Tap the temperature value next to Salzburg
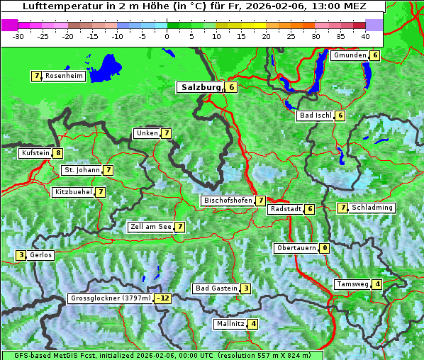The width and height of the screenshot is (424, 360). pos(232,87)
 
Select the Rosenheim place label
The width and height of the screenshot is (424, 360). pos(64,76)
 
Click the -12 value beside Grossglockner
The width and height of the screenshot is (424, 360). pos(164,298)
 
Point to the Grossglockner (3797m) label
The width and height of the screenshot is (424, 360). pos(111,298)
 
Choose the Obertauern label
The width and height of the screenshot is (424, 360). pos(296,248)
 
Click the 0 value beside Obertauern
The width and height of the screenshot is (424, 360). pos(324,248)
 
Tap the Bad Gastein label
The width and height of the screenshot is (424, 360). pos(216,288)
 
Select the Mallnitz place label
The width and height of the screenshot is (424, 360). pos(230,324)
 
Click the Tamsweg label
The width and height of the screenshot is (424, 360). pos(352,284)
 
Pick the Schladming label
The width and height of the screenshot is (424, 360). pos(372,208)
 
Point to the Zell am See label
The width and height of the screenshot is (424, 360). pos(151,227)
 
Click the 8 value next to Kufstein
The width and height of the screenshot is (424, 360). pos(58,153)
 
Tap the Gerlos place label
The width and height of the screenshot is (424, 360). pos(41,255)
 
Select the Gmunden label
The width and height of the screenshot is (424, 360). pos(350,55)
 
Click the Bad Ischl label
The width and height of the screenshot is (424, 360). pos(316,116)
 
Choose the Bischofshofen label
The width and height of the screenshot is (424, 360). pos(228,201)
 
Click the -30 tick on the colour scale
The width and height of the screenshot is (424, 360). pos(19,35)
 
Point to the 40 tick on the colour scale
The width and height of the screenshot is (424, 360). pos(365,35)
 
